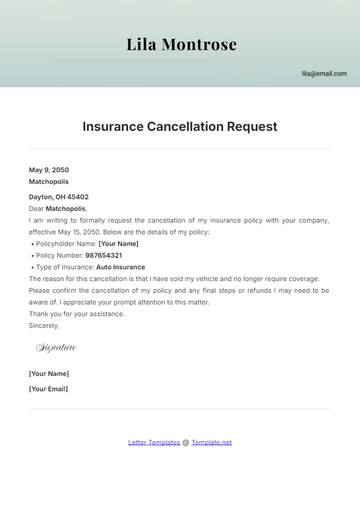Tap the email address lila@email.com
(324, 74)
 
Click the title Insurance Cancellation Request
(180, 127)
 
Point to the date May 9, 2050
(48, 171)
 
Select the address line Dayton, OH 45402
(59, 197)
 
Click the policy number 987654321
(104, 255)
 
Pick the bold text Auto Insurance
(121, 267)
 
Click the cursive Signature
(56, 347)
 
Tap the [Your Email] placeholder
(49, 388)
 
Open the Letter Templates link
(154, 442)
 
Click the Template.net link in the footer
(212, 442)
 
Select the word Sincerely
(44, 325)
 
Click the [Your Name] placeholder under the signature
(49, 373)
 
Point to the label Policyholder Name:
(66, 243)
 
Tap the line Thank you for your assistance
(77, 313)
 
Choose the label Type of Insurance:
(65, 267)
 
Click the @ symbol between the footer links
(185, 442)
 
